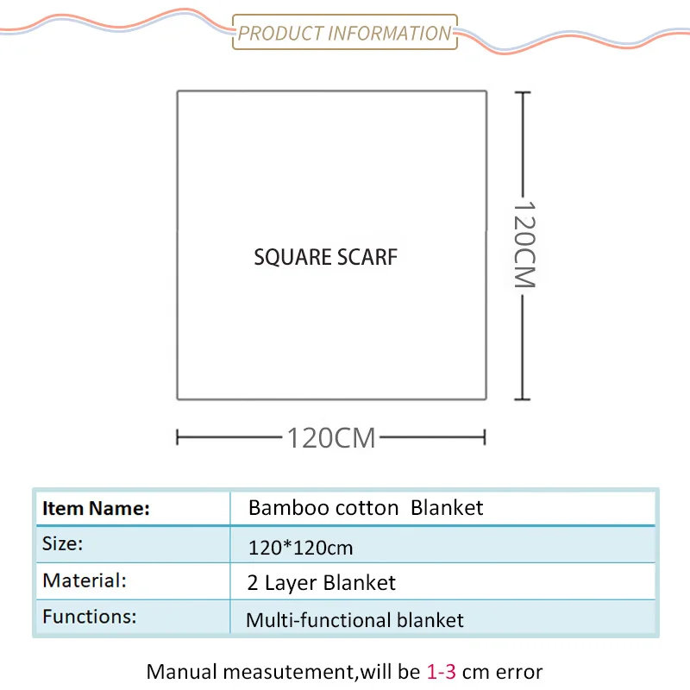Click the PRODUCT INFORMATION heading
344,34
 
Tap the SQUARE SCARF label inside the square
326,257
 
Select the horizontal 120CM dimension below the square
331,437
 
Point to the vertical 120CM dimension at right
524,245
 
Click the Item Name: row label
96,508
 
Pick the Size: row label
63,544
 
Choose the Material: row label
85,580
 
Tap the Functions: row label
90,617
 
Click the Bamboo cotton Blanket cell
366,507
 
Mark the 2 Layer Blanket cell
322,583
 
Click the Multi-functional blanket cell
354,620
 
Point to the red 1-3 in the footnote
441,671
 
